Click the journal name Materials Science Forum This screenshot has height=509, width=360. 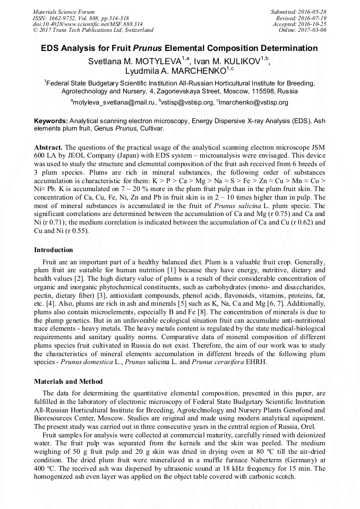[64, 11]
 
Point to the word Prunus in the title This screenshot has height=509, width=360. [151, 48]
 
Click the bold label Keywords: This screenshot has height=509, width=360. [51, 121]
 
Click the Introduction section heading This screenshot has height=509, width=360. [54, 249]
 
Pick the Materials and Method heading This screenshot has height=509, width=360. [68, 381]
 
